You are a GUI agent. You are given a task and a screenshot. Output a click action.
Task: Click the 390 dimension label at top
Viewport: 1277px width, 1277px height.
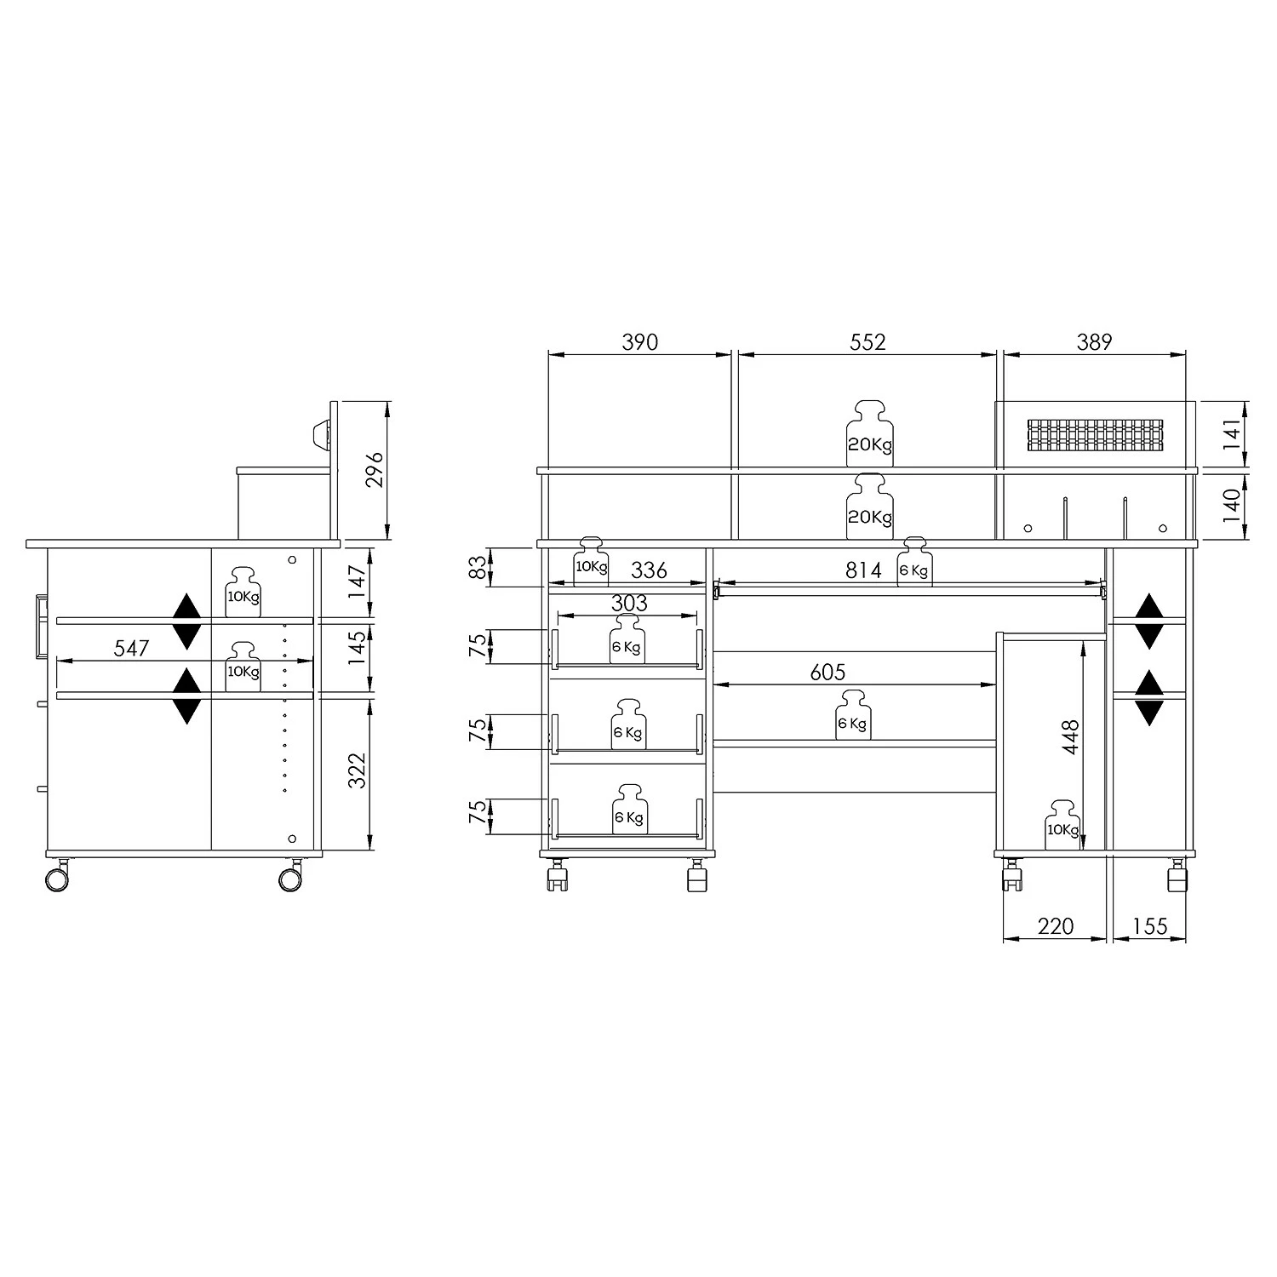click(x=640, y=342)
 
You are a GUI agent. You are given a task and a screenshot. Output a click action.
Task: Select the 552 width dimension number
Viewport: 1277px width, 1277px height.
click(x=868, y=342)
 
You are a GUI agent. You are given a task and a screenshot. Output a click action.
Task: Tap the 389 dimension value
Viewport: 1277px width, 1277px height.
click(x=1094, y=342)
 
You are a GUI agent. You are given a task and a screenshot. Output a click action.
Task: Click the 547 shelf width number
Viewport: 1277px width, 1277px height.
click(x=131, y=648)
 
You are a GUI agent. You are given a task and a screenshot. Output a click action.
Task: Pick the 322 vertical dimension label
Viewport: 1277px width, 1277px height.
click(x=357, y=770)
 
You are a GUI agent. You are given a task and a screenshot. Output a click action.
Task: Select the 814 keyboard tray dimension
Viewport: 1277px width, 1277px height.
click(x=863, y=570)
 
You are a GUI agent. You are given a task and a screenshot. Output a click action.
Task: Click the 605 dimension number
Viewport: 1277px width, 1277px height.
click(x=827, y=673)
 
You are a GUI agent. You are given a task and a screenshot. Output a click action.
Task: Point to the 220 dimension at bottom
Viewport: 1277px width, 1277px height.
click(x=1056, y=926)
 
